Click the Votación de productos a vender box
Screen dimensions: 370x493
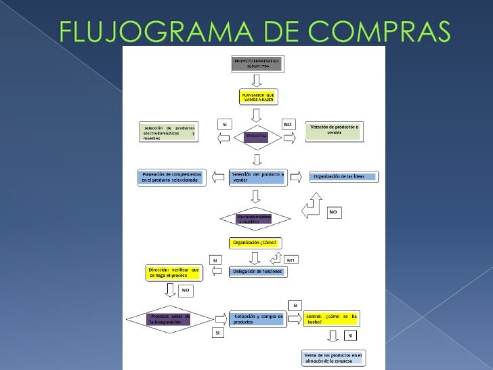pyautogui.click(x=334, y=131)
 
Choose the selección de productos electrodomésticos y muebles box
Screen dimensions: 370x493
pyautogui.click(x=169, y=132)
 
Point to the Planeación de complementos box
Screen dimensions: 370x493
pyautogui.click(x=171, y=177)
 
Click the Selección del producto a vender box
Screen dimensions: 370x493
pyautogui.click(x=257, y=177)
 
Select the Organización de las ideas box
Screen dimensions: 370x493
pyautogui.click(x=344, y=177)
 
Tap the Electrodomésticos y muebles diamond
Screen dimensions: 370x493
pyautogui.click(x=255, y=219)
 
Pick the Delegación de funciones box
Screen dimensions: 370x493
pyautogui.click(x=257, y=272)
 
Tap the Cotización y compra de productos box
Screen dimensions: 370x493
pyautogui.click(x=257, y=318)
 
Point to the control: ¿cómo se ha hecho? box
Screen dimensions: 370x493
pyautogui.click(x=332, y=318)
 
